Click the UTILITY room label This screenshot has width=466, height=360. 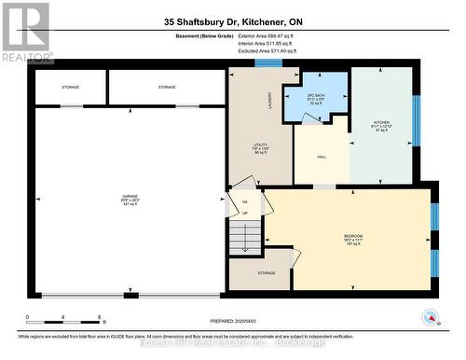(260, 145)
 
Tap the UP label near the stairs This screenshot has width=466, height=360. (245, 211)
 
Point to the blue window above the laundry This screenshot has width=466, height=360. (269, 63)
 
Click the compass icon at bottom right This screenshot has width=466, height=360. (431, 317)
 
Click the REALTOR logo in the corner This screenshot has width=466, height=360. (26, 32)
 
